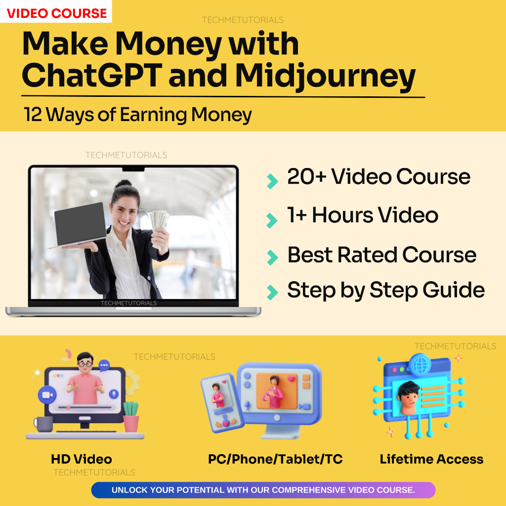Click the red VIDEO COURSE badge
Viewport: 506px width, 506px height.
point(57,13)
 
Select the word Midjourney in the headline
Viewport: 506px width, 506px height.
point(325,77)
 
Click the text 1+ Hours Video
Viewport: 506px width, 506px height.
point(363,215)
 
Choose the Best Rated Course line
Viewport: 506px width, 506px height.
point(381,255)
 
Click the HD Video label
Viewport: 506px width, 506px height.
point(81,459)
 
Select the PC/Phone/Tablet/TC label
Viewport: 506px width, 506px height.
point(275,459)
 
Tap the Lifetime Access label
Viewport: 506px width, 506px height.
point(431,459)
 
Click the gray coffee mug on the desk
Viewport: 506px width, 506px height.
point(43,423)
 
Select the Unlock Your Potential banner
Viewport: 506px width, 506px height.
point(263,490)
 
